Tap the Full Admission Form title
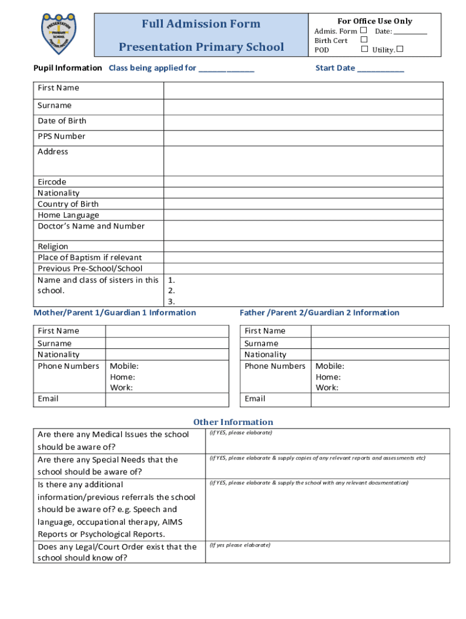(201, 24)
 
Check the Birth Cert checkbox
(364, 40)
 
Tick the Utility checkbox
(400, 50)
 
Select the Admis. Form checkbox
(364, 30)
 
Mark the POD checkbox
(364, 50)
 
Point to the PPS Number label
(61, 136)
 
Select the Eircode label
(52, 181)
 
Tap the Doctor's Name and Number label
(91, 226)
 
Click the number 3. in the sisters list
(172, 301)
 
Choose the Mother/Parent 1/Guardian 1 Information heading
(115, 313)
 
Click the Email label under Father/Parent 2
(255, 398)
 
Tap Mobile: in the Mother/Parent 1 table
(124, 366)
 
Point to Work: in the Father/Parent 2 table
(327, 387)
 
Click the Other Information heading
(233, 422)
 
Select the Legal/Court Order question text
(117, 552)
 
